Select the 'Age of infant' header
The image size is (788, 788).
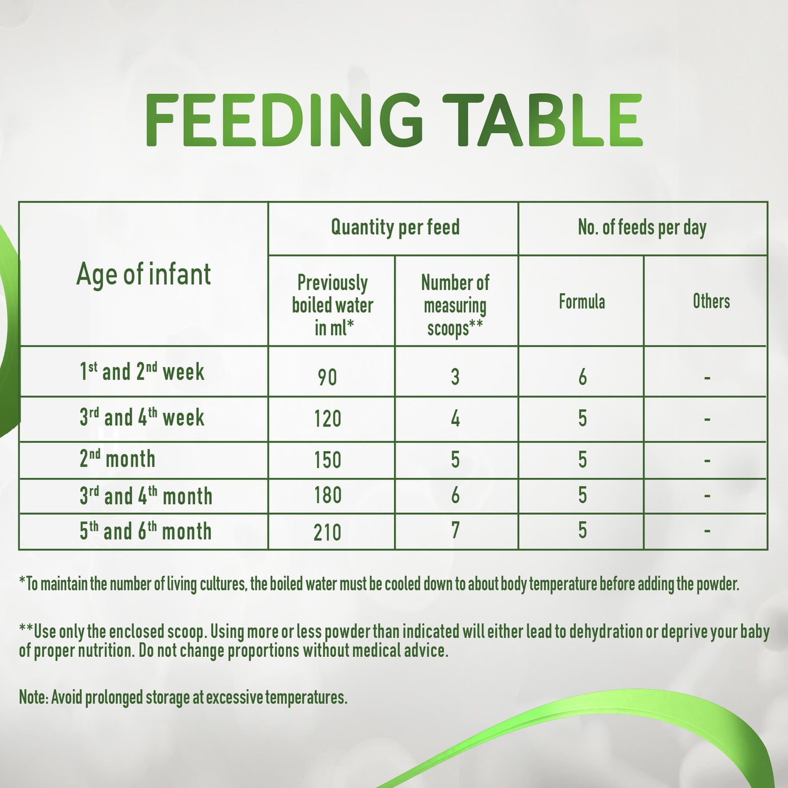click(x=143, y=274)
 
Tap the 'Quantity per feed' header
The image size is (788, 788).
click(x=395, y=228)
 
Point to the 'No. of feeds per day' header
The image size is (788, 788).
click(x=642, y=228)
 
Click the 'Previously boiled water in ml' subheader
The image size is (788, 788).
click(x=332, y=305)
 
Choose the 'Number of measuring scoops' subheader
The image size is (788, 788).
click(x=455, y=305)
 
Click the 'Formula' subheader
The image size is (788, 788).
click(x=582, y=301)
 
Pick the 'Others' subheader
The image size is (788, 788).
click(x=711, y=301)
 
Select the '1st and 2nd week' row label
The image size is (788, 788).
click(x=142, y=371)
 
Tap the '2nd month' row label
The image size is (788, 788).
click(x=117, y=459)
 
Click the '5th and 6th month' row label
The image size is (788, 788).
click(x=146, y=531)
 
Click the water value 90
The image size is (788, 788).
click(x=328, y=378)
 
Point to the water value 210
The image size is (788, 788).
click(x=328, y=532)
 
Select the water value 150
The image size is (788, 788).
click(x=328, y=460)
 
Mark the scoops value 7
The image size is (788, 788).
click(x=455, y=531)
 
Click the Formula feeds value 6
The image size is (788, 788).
click(x=583, y=377)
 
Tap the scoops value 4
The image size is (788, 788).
click(x=455, y=419)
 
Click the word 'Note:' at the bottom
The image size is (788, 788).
click(x=33, y=697)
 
